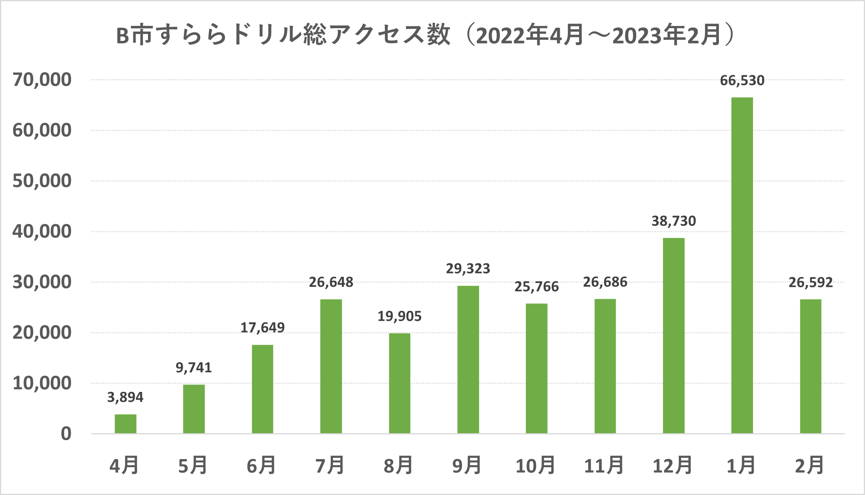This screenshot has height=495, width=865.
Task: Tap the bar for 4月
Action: click(126, 424)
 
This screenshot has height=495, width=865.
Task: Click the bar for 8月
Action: click(399, 383)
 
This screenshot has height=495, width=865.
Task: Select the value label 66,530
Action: click(742, 81)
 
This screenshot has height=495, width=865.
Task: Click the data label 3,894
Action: click(125, 397)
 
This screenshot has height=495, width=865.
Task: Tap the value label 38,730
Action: click(673, 221)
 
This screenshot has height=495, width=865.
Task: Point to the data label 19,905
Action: click(399, 317)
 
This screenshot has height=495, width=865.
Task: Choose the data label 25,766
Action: click(536, 287)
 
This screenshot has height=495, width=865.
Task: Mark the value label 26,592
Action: click(810, 283)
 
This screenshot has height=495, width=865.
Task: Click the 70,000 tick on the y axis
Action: click(42, 80)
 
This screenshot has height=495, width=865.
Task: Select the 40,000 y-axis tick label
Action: click(42, 232)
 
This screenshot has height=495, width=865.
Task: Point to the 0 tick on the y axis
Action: click(66, 434)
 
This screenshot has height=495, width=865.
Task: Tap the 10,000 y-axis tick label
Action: click(42, 383)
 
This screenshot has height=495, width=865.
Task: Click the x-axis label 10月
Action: click(535, 466)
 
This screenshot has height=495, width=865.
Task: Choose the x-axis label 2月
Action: click(809, 466)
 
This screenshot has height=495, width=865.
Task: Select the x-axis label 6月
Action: click(262, 466)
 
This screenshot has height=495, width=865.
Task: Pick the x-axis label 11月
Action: click(604, 466)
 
